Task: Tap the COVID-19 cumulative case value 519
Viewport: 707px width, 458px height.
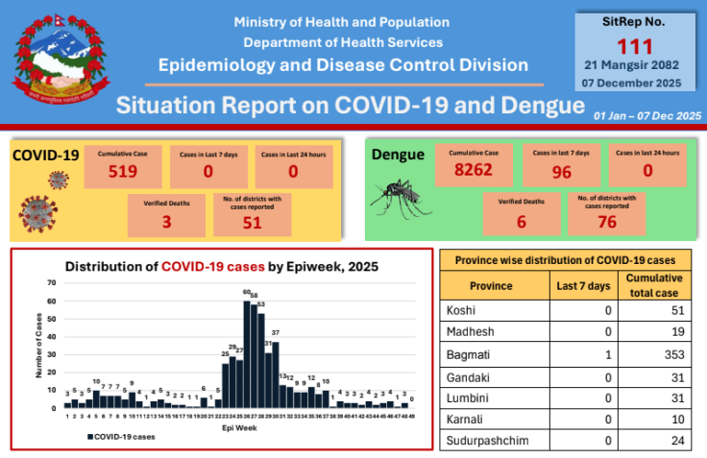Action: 125,173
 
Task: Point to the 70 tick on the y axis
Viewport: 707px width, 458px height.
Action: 51,283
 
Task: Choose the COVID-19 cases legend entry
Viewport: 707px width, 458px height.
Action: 124,437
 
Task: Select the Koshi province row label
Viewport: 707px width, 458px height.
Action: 463,311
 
